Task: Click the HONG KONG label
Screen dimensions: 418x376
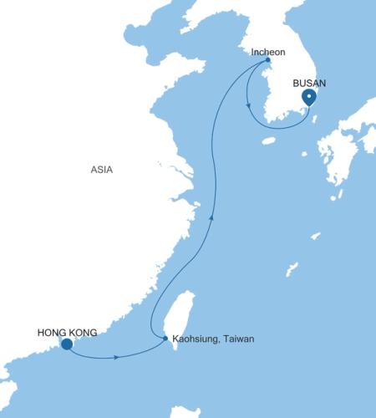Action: pos(68,332)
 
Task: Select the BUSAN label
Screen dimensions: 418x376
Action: pos(309,84)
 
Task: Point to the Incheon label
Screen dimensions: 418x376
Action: pos(268,52)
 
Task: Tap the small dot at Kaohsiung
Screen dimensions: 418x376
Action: pos(165,339)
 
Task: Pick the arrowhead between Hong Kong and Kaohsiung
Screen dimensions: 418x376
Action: pos(114,358)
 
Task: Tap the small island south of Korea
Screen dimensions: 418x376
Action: pos(267,140)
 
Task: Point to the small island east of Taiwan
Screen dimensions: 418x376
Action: pos(291,270)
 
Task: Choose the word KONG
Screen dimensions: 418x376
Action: pos(83,332)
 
